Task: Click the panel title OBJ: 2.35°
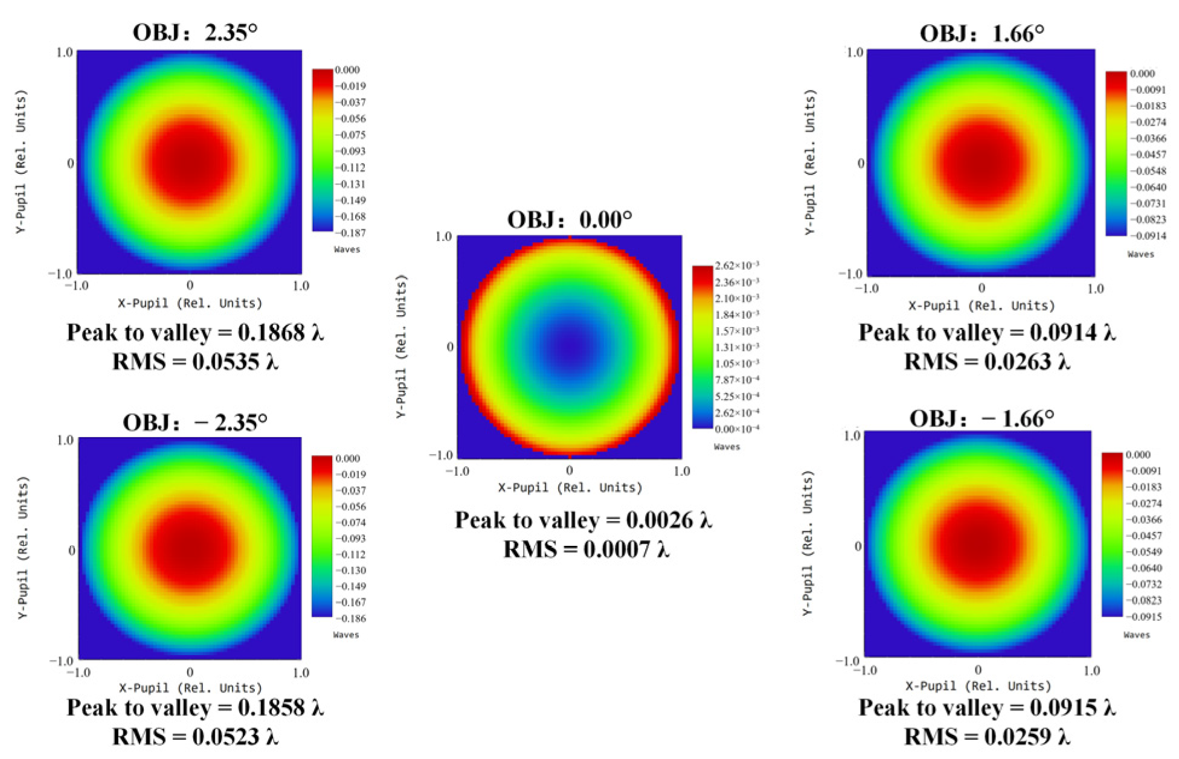[194, 32]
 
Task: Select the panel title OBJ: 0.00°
[569, 219]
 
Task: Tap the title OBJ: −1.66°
[981, 418]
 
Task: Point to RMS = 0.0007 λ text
[586, 549]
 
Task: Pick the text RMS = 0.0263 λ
[986, 362]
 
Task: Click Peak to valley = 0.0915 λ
[986, 708]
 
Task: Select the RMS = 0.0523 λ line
[194, 737]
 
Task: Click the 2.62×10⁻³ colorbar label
[737, 266]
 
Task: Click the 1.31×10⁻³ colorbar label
[737, 347]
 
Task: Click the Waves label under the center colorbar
[727, 447]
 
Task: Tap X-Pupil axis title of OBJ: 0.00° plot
[570, 487]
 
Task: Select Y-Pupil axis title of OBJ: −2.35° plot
[22, 548]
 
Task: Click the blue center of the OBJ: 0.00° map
[570, 346]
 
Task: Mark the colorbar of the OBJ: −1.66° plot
[1112, 534]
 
